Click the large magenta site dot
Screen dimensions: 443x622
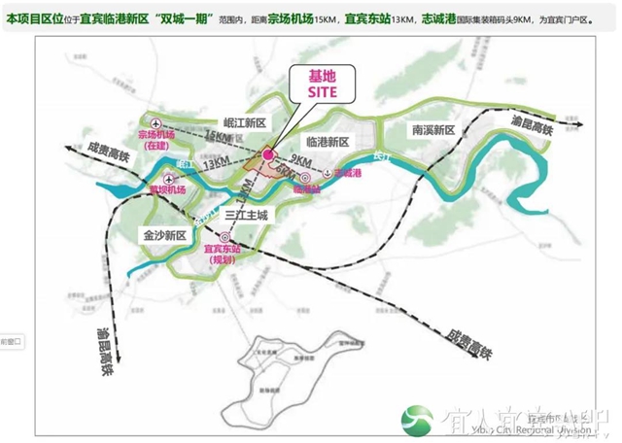pos(268,153)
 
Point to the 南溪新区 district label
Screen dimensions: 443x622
pos(431,129)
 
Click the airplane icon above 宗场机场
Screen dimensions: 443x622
pos(154,120)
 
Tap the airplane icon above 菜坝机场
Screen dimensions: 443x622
pos(170,179)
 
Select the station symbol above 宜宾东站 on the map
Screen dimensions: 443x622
pos(225,236)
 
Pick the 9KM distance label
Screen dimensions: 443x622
pos(299,159)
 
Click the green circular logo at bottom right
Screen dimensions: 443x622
pos(419,420)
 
